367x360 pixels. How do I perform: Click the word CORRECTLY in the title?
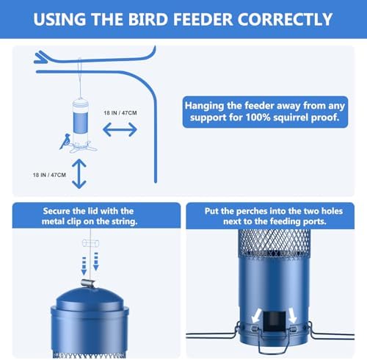tap(285, 19)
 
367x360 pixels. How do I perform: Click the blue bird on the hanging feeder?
tap(65, 141)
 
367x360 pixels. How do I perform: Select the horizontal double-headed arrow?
tap(120, 129)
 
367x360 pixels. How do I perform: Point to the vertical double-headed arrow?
tap(79, 173)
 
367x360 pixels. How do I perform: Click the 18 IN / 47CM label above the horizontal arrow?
tap(120, 113)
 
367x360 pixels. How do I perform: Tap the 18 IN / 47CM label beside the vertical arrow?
tap(49, 175)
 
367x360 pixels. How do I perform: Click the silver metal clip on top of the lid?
tap(88, 284)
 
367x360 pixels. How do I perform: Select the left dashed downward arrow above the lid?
tap(84, 266)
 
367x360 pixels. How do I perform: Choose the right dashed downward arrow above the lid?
tap(96, 262)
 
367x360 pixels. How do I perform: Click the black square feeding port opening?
tap(275, 322)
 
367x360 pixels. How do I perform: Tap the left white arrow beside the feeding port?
tap(256, 315)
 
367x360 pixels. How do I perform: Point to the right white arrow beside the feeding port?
tap(292, 315)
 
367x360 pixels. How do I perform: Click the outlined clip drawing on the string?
tap(90, 243)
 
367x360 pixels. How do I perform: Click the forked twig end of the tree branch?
tap(40, 58)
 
